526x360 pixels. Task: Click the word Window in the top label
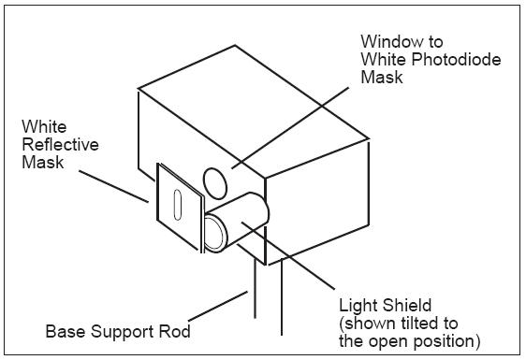coord(390,41)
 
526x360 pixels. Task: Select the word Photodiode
coord(456,59)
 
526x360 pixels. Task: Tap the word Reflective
coord(60,145)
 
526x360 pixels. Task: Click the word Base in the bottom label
coord(66,331)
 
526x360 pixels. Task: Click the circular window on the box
coord(215,183)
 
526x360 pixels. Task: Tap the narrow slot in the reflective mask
coord(178,205)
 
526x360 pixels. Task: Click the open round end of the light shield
coord(214,234)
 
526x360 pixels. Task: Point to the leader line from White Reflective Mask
coord(113,186)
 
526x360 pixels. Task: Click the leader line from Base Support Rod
coord(218,306)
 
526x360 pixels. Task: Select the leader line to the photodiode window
coord(290,128)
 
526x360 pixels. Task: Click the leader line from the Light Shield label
coord(288,255)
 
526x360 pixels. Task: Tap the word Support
coord(122,332)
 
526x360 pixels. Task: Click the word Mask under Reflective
coord(43,163)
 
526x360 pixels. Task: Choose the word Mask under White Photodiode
coord(382,77)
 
